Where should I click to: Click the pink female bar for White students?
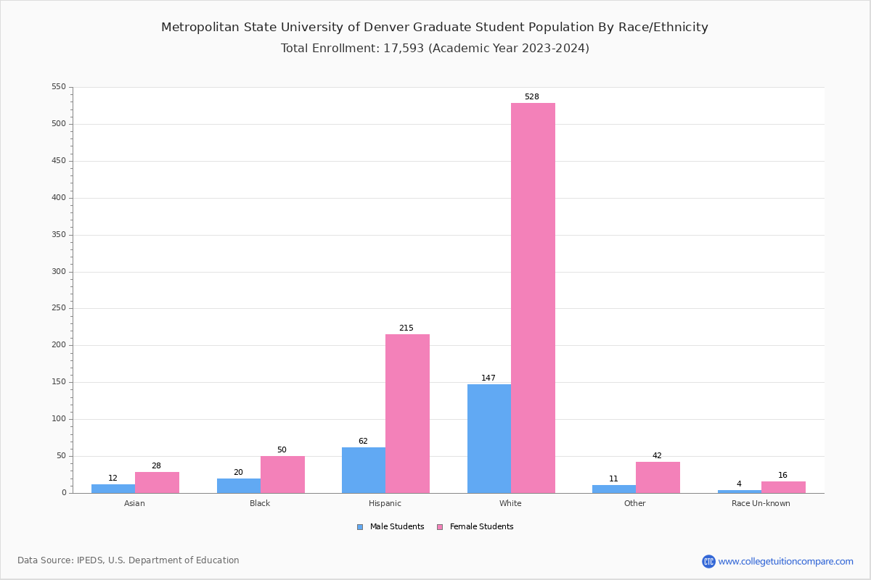[533, 297]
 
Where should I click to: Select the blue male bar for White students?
[488, 439]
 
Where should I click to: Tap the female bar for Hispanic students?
[407, 413]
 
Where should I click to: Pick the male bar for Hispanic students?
[364, 470]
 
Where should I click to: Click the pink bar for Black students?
[282, 474]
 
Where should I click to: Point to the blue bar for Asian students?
[113, 489]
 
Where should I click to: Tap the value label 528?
[532, 97]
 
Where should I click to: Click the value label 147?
[488, 378]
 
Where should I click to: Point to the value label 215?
[406, 328]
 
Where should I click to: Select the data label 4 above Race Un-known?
[739, 484]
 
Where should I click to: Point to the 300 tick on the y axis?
[58, 272]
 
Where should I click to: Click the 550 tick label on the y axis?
[58, 87]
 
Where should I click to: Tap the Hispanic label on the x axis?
[385, 504]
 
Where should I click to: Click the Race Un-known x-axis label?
[761, 504]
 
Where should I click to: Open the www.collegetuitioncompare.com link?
[785, 561]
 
